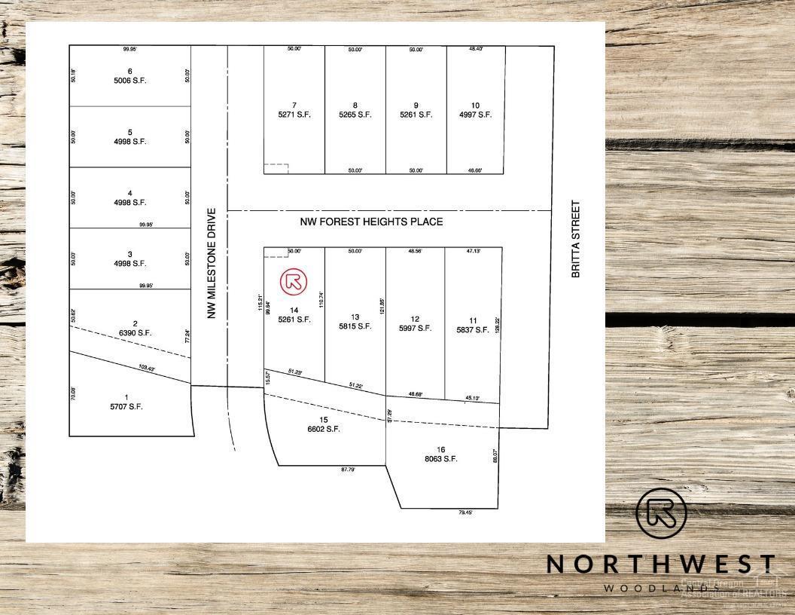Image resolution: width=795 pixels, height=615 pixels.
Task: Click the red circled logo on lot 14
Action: click(x=294, y=282)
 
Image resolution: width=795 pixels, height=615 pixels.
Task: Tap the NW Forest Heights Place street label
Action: click(x=371, y=222)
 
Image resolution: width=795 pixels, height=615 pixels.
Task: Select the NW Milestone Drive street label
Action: click(x=212, y=264)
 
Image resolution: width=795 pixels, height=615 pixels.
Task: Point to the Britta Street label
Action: click(x=576, y=239)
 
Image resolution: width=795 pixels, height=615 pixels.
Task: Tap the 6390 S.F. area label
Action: click(x=135, y=332)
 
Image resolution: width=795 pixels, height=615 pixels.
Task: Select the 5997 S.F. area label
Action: click(x=415, y=328)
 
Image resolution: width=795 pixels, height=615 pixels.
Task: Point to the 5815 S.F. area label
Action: click(x=355, y=326)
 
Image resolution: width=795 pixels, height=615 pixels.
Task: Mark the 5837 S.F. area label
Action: click(x=472, y=329)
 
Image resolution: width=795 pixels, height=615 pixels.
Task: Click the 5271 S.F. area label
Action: click(x=294, y=115)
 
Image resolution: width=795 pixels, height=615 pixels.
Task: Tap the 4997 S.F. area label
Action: click(x=475, y=115)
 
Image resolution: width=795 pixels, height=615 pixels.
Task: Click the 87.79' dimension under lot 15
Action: click(x=348, y=470)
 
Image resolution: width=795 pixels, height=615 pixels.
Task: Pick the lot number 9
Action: click(x=416, y=106)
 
